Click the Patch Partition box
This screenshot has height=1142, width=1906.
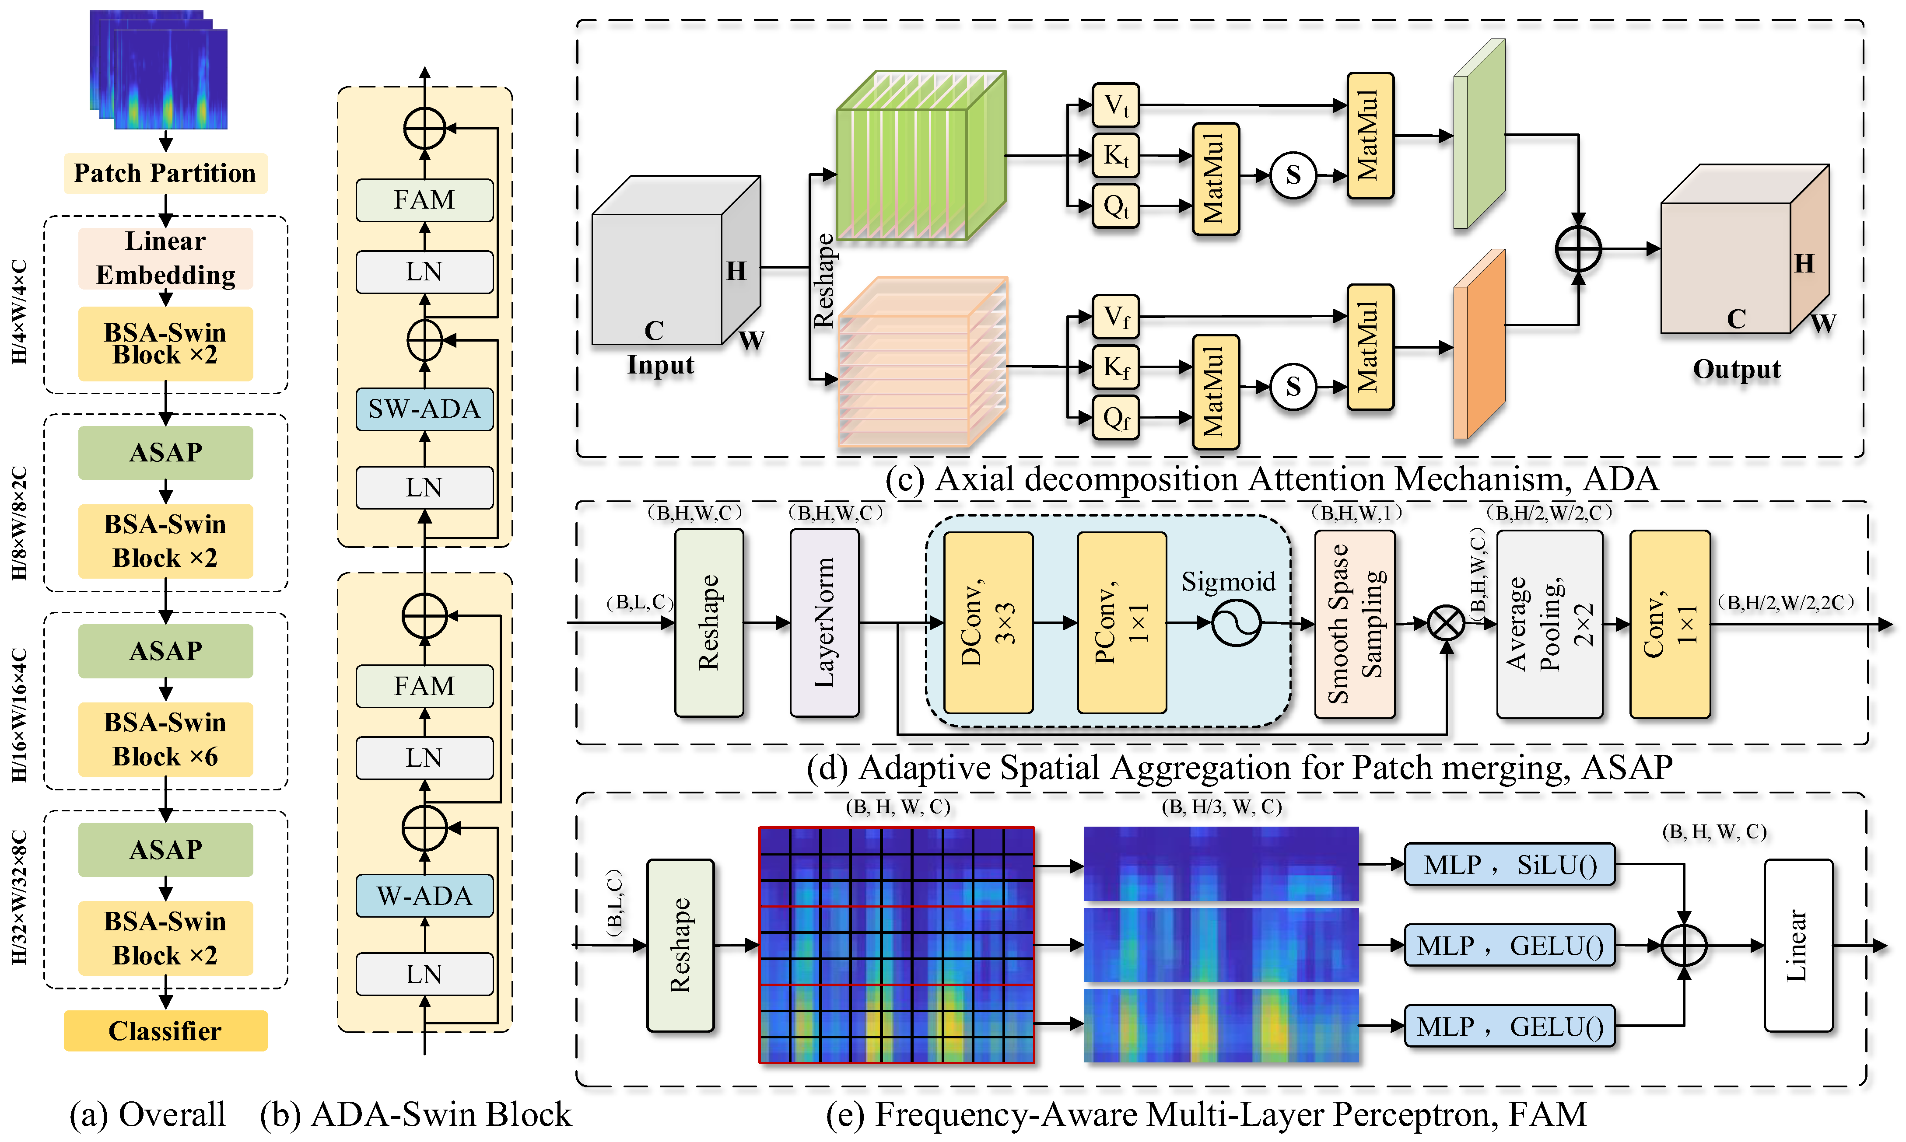click(165, 173)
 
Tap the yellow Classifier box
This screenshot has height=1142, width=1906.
click(165, 1030)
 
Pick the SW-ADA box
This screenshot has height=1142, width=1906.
click(424, 409)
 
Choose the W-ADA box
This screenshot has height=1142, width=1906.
click(424, 896)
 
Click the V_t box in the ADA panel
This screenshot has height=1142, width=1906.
click(1115, 105)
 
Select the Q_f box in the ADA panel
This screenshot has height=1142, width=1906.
click(1115, 418)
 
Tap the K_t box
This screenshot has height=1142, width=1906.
click(1115, 155)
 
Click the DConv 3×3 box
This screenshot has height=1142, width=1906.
click(988, 622)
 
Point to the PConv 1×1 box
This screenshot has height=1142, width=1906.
click(1121, 622)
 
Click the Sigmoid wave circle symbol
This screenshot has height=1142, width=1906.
click(1236, 622)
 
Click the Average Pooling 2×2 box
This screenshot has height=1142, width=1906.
click(1549, 624)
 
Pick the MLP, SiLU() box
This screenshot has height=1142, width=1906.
click(1510, 864)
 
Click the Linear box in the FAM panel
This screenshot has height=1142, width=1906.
click(1798, 945)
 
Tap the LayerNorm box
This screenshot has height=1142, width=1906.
click(824, 622)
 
